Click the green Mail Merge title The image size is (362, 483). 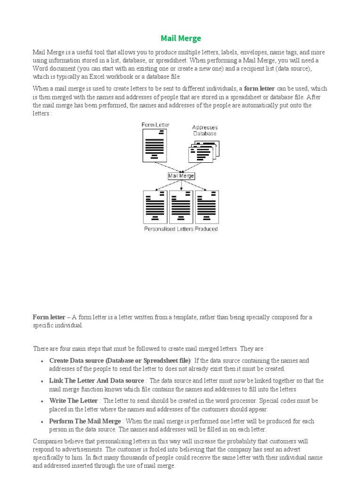tap(181, 38)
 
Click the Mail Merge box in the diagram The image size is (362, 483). tap(181, 176)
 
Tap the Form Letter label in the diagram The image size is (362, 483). tap(156, 125)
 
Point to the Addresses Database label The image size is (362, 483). tap(205, 130)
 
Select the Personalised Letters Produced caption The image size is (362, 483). tap(181, 229)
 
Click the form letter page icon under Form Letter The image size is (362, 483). tap(155, 145)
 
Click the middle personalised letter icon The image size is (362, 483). tap(181, 207)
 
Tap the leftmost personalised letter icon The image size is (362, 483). tap(155, 207)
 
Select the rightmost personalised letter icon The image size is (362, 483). tap(207, 207)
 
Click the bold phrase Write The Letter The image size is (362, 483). tap(74, 400)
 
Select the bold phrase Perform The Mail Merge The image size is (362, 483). tap(85, 421)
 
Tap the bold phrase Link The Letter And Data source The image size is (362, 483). tap(96, 381)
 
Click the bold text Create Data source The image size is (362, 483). tap(76, 360)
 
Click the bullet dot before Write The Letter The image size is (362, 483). tap(42, 401)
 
